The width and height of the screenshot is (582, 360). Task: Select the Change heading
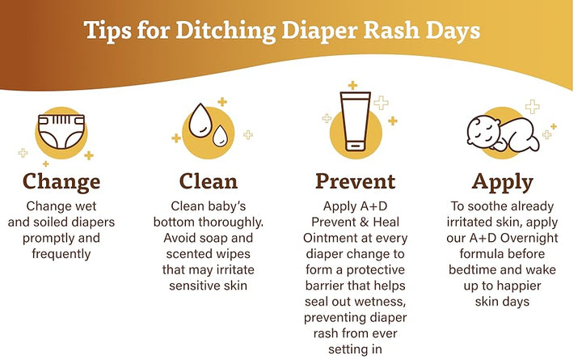pos(61,182)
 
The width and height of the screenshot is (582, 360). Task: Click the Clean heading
pos(209,181)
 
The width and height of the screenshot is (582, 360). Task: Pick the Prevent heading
pos(355,181)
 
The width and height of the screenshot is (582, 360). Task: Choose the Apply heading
pos(503,183)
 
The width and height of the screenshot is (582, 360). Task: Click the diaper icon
pos(61,131)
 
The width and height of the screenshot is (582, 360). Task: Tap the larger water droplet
pos(200,121)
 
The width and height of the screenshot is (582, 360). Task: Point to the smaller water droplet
pos(220,136)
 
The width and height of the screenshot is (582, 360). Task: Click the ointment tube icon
pos(355,121)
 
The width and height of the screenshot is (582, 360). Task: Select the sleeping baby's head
pos(482,132)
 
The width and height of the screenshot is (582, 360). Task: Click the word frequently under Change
pos(61,255)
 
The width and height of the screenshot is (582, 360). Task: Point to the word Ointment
pos(328,238)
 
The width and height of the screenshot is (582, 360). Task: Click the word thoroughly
pos(231,222)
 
